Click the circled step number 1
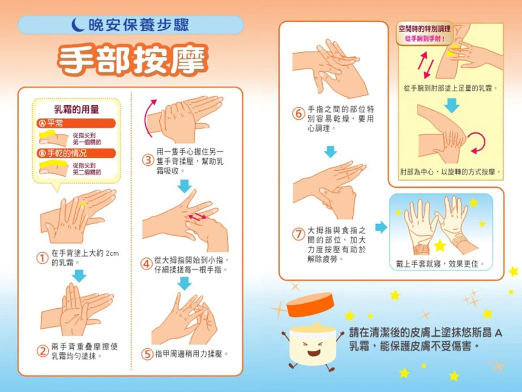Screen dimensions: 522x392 tap(42, 258)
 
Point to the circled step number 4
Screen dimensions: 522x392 tap(147, 264)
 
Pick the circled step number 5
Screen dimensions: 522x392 tap(147, 354)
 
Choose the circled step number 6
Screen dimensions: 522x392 tap(299, 114)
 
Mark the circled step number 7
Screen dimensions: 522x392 tap(299, 234)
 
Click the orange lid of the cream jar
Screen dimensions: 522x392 tap(310, 304)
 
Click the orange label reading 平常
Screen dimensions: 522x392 tap(76, 123)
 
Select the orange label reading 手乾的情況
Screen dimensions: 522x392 tap(76, 153)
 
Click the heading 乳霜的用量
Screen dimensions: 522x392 tap(76, 109)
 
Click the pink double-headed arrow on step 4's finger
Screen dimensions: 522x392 tap(197, 216)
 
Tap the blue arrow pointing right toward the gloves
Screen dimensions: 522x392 tap(381, 227)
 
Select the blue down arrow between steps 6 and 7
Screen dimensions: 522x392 tap(331, 152)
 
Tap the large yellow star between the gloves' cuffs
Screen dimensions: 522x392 tap(440, 246)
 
